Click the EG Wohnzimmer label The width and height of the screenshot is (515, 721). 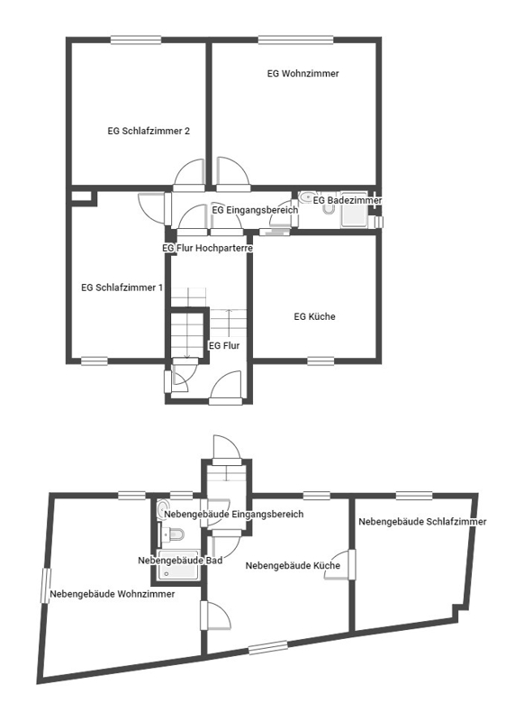pos(303,74)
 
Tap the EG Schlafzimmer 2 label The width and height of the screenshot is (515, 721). pos(149,131)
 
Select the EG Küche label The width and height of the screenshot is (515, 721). pos(314,316)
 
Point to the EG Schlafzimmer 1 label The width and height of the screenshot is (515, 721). pos(122,287)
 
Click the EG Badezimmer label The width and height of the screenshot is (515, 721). pos(348,200)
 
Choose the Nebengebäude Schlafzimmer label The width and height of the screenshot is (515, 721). pos(422,522)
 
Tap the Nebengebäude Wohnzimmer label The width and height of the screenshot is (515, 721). pos(113,594)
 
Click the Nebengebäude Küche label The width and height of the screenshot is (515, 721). pos(293,566)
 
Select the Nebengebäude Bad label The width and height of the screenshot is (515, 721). pos(180,561)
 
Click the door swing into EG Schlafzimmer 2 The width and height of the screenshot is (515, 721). pos(188,175)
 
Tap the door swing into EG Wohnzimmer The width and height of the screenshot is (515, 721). pos(233,175)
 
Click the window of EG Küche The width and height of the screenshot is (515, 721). pos(321,361)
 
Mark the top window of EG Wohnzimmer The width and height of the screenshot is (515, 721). pos(295,40)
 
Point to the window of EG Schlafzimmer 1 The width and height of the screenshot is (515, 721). pos(95,361)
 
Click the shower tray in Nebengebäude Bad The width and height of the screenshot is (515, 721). pos(178,565)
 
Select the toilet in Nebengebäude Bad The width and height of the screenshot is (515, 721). pos(174,534)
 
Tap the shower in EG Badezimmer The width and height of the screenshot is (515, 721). pos(354,210)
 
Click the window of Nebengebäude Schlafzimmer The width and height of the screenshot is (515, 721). pos(413,496)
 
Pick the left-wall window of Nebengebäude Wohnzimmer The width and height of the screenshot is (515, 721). pos(46,585)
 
